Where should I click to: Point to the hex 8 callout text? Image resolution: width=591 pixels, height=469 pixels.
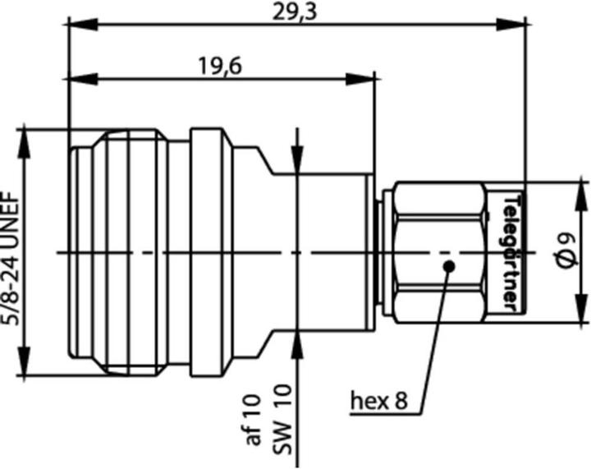coord(379,402)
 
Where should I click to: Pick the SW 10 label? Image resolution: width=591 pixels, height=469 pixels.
coord(281,428)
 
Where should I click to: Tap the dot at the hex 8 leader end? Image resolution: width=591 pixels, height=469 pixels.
coord(448,264)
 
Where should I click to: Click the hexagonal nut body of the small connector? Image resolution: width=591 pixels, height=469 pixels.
coord(439,251)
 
